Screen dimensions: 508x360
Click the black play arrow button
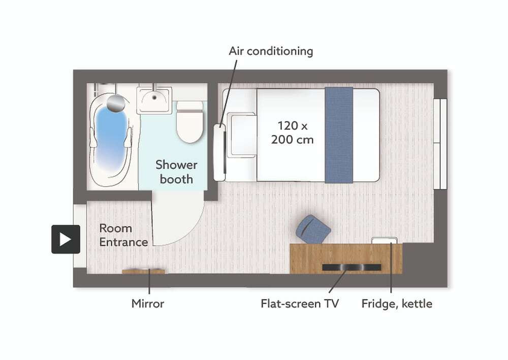66,239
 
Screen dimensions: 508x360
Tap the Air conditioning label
271,51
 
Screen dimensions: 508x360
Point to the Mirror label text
148,304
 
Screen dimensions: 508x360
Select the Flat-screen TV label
300,304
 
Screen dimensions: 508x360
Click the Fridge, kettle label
397,304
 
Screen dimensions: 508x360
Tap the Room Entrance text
123,235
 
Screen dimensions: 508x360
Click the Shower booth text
176,172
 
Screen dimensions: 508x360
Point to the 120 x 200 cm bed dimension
292,133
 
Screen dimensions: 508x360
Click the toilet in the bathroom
190,122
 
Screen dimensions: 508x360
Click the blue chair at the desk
313,229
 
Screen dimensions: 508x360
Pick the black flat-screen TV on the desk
352,268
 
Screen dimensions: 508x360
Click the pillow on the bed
242,135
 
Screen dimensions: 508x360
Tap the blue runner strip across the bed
338,135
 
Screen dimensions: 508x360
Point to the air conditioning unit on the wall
219,152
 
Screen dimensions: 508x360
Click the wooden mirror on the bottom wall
143,272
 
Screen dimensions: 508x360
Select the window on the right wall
440,144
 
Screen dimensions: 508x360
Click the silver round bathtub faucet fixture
116,104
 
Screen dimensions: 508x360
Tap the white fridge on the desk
384,241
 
